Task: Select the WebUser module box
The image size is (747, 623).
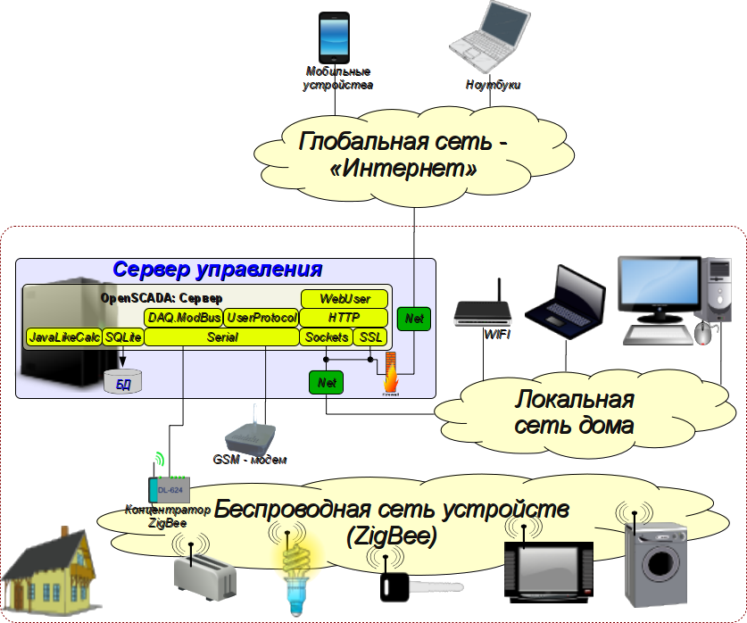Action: pos(344,298)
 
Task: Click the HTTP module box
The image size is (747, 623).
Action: pos(344,318)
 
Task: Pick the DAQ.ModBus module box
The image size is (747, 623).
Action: pos(183,318)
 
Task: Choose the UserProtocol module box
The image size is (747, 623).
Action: pos(261,318)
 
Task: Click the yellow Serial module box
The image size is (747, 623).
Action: pos(221,337)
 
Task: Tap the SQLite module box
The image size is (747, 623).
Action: pos(123,337)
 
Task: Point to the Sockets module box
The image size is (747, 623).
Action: pos(327,337)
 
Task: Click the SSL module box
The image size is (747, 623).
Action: pos(369,337)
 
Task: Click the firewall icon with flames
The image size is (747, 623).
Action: pos(391,373)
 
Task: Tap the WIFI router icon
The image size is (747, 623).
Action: pos(483,308)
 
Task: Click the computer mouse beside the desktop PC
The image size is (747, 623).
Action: pos(703,332)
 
